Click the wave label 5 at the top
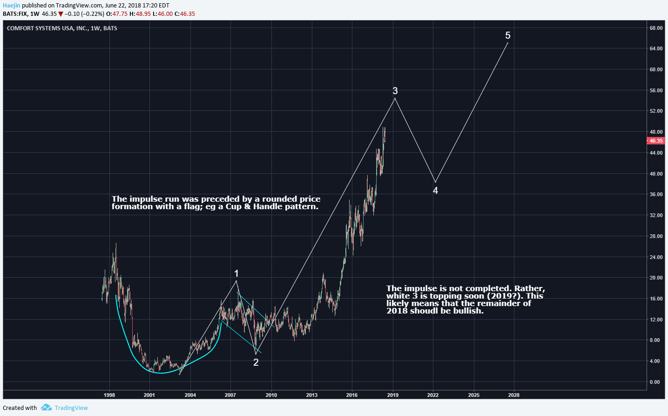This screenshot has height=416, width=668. [508, 35]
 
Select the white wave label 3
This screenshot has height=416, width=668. [395, 91]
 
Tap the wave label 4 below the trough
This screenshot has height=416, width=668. [435, 191]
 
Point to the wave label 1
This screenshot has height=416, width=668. [236, 273]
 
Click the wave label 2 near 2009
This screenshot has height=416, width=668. [256, 362]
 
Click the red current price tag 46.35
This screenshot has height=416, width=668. [656, 141]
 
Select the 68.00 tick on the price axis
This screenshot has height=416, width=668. [656, 28]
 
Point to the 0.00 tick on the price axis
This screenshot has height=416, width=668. [655, 382]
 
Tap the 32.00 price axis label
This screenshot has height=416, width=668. [656, 215]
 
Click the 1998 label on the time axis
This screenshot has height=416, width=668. [109, 395]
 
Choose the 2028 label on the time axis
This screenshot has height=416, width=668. [514, 395]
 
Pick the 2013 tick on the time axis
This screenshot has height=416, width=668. [312, 395]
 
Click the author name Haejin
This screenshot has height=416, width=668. [12, 6]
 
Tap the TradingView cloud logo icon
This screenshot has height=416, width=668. [46, 408]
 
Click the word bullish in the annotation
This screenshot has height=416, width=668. [467, 311]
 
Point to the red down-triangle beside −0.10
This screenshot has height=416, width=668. [61, 14]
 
